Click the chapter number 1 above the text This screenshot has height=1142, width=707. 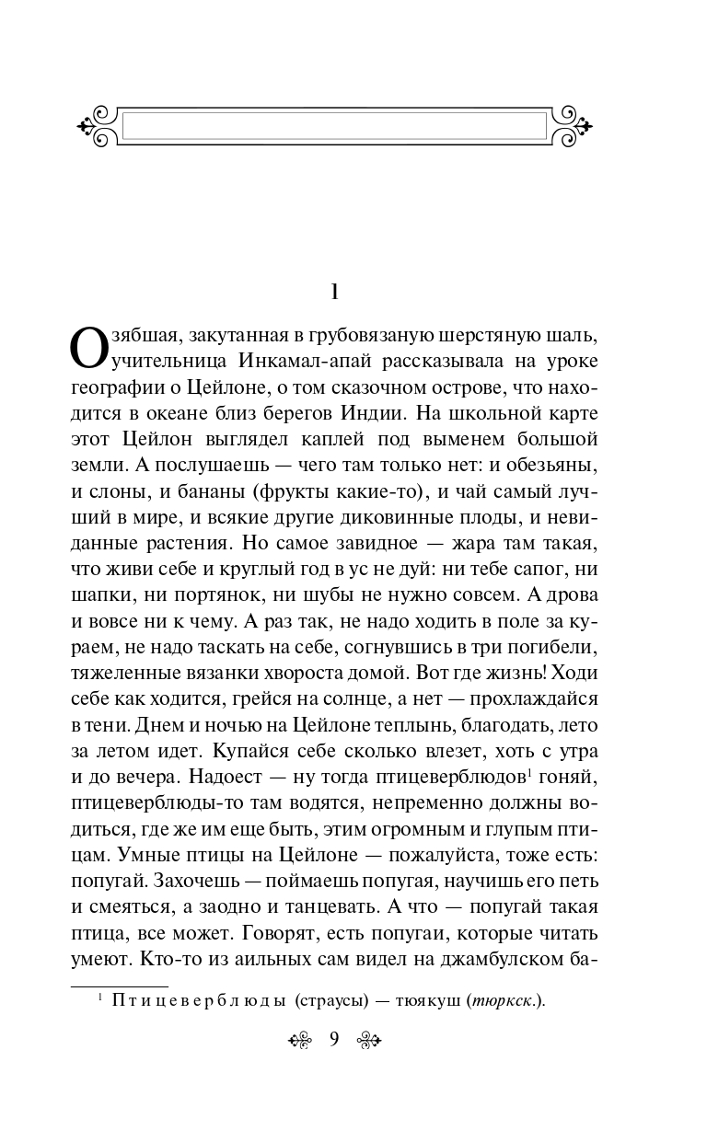[336, 293]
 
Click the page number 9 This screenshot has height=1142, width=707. [334, 1040]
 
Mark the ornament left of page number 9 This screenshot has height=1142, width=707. [301, 1041]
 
